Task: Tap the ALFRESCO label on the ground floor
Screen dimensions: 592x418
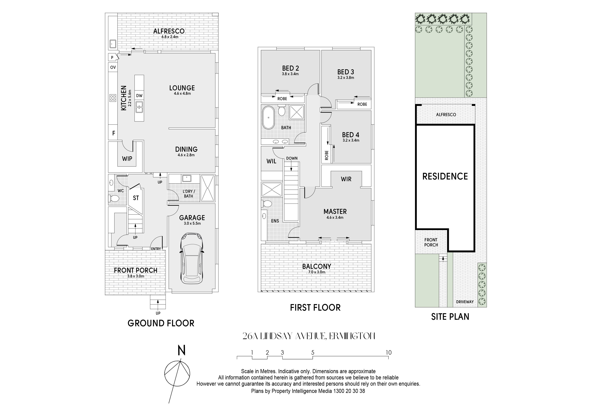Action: (x=169, y=31)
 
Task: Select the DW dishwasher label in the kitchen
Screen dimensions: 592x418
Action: (x=139, y=96)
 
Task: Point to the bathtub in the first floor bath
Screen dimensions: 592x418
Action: (x=268, y=117)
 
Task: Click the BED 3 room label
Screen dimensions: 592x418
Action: (x=345, y=72)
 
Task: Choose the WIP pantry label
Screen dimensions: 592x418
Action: (x=127, y=159)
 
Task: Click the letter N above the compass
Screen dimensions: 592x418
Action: (x=182, y=351)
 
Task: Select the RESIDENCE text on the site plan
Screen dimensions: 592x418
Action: (x=445, y=176)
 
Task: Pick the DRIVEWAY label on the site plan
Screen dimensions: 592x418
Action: (x=465, y=302)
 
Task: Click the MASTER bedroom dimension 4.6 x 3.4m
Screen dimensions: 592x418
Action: (x=335, y=217)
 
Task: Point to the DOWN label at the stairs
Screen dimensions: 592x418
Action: (x=292, y=158)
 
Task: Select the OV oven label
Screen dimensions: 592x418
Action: (x=113, y=67)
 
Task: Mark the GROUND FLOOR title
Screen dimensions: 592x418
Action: (x=161, y=323)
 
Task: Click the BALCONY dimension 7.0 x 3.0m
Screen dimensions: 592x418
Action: (x=317, y=272)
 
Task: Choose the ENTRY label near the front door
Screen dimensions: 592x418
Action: (x=156, y=249)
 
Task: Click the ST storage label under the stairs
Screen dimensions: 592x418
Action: (x=136, y=198)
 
